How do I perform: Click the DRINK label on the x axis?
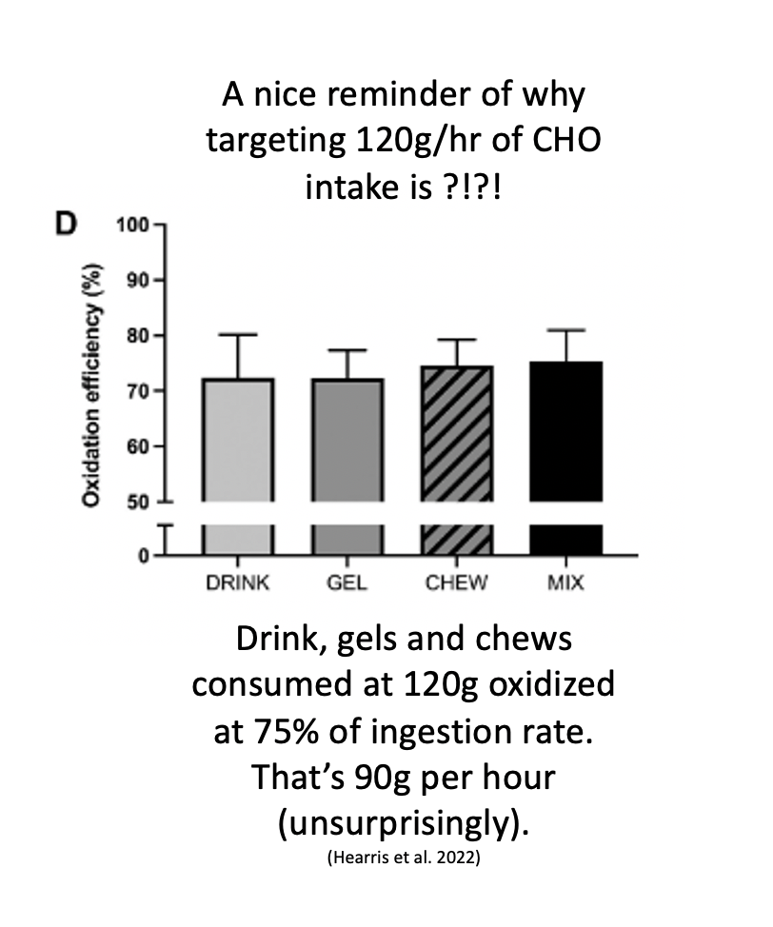pos(238,582)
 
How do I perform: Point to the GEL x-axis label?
pos(347,582)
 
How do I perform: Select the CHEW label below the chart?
pos(457,582)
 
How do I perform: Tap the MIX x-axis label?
pos(565,582)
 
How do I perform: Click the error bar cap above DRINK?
pos(238,335)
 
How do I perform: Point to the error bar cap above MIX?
pos(565,330)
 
